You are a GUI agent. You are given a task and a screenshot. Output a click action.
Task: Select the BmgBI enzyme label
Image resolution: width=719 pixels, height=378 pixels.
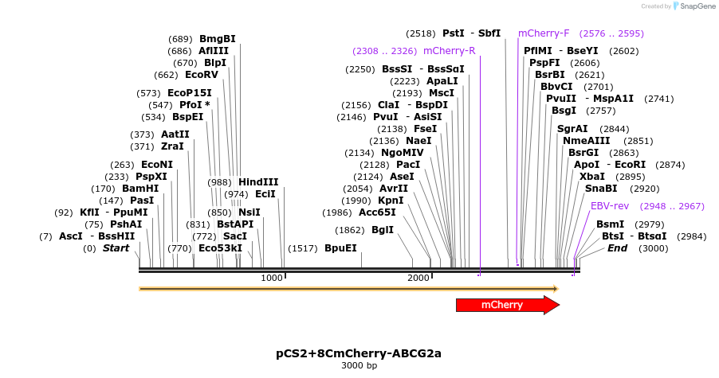[218, 39]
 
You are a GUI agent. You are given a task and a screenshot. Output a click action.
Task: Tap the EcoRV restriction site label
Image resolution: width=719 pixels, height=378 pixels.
[202, 75]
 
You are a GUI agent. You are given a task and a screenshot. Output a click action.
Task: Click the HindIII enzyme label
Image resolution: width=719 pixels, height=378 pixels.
[258, 182]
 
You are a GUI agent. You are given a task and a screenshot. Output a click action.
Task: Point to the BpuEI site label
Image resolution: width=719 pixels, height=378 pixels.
[340, 248]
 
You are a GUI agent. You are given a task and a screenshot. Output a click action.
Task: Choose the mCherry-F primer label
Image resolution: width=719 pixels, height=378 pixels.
[544, 33]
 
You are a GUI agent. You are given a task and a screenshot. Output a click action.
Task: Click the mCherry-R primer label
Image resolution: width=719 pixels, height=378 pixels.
[450, 51]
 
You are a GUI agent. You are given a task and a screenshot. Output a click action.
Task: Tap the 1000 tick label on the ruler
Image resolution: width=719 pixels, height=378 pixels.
[272, 278]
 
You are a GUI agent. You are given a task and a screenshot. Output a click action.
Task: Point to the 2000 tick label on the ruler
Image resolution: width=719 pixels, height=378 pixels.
[418, 278]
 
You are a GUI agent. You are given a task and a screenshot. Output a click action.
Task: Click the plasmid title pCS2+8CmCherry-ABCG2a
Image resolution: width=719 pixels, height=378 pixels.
[359, 352]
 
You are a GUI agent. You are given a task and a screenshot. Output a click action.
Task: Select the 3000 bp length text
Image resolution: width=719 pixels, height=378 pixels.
[359, 365]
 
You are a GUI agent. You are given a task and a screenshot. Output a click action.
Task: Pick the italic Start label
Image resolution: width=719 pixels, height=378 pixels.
[116, 248]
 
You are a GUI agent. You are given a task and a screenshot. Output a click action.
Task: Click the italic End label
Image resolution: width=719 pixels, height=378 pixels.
[617, 248]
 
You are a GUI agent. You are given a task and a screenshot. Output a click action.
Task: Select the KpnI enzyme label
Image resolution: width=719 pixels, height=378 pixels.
[391, 201]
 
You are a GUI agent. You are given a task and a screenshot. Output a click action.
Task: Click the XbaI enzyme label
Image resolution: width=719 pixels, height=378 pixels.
[592, 177]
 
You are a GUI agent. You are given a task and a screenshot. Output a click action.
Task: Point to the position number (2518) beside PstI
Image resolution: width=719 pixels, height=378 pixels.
[420, 33]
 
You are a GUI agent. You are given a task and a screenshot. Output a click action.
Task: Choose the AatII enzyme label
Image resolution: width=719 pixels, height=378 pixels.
[175, 134]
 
